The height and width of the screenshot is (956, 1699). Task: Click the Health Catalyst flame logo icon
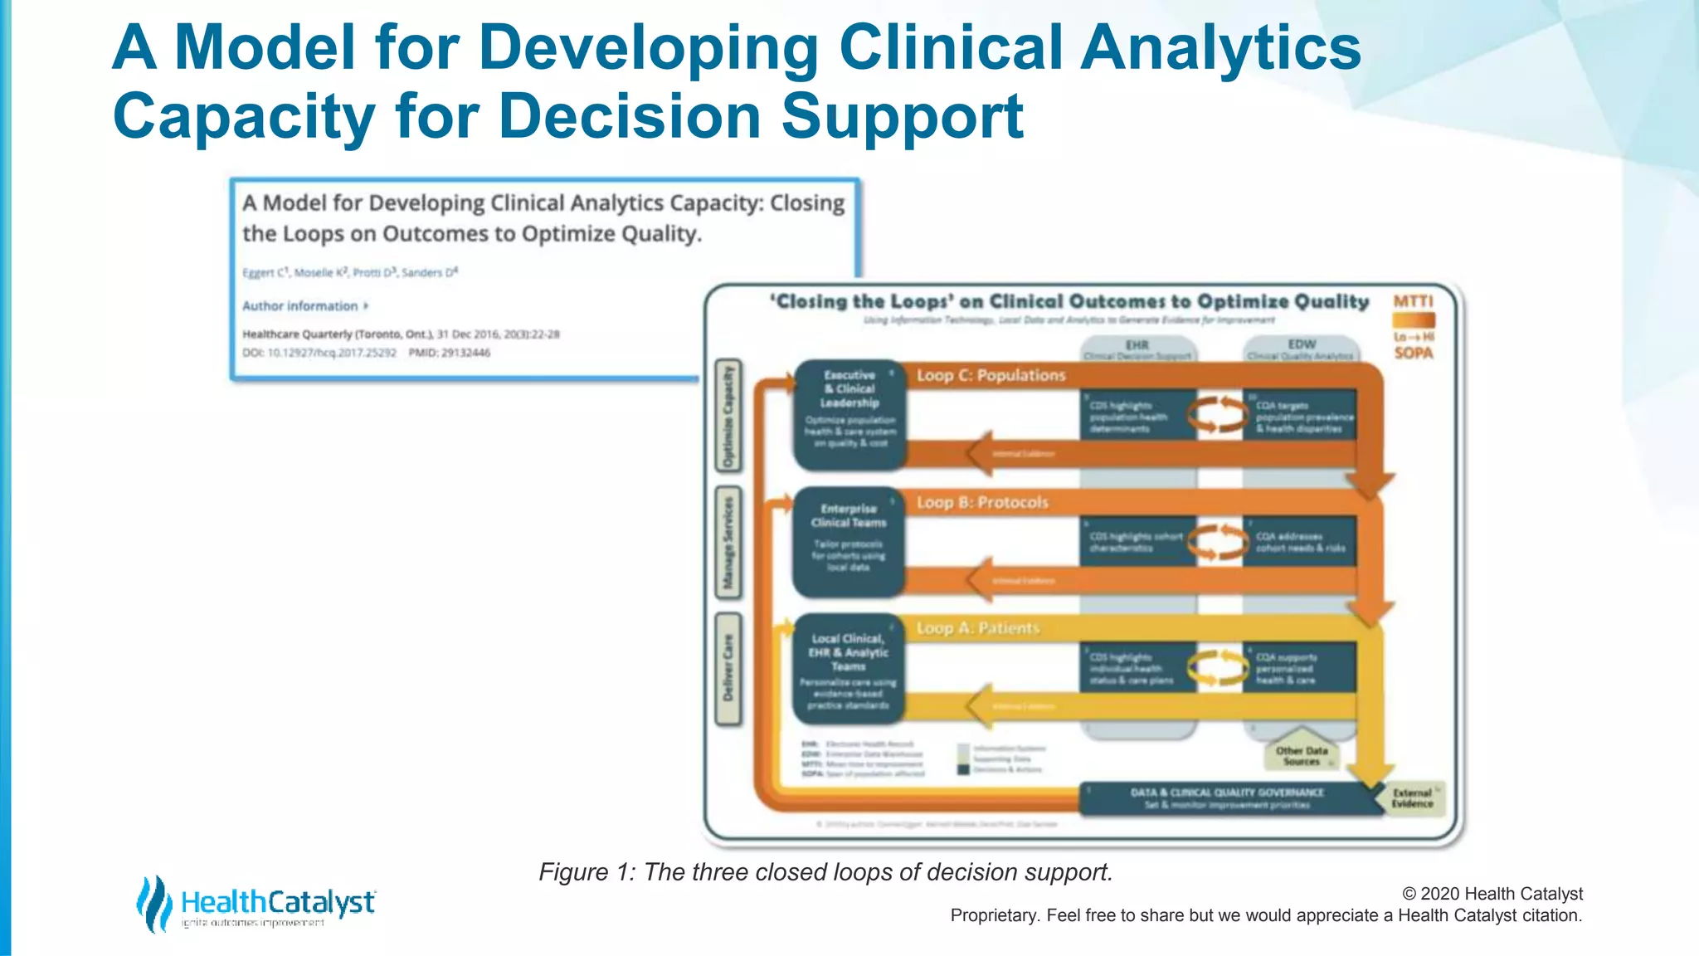click(x=153, y=903)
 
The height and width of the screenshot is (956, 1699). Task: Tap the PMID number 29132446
click(x=465, y=353)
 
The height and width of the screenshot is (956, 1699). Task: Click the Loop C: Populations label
click(x=991, y=376)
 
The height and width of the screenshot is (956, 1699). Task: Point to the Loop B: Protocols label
click(x=982, y=503)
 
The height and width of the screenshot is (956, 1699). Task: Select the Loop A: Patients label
click(x=977, y=629)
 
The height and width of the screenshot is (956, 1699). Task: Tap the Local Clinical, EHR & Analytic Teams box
click(x=848, y=669)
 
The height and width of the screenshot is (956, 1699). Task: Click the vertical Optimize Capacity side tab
click(x=728, y=416)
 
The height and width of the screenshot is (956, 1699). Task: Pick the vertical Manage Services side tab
click(x=728, y=543)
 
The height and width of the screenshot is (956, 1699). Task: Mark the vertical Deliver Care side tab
click(x=728, y=669)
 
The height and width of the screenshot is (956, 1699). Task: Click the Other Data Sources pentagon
click(x=1302, y=754)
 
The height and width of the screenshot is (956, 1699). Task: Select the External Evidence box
click(x=1412, y=798)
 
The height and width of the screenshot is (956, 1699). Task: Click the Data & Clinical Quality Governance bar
click(x=1227, y=798)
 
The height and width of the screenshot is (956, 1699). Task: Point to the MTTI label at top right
click(x=1413, y=301)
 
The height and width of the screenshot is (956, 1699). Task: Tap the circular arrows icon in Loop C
click(x=1218, y=414)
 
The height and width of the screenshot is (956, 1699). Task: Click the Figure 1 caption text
click(x=825, y=872)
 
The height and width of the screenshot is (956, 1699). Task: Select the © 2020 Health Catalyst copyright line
click(x=1492, y=894)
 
